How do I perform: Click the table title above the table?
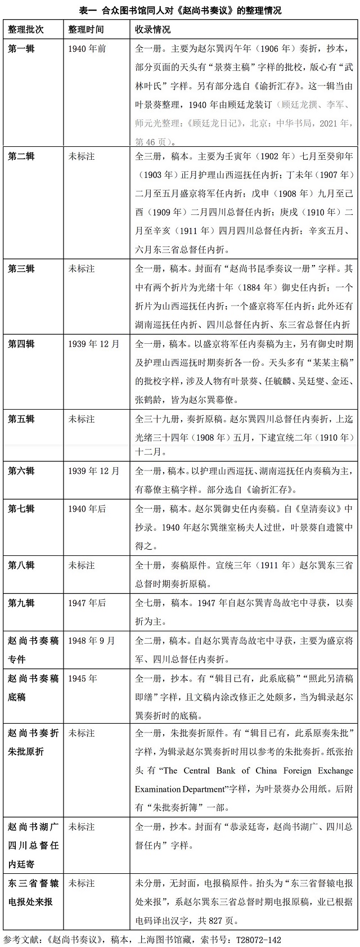[180, 10]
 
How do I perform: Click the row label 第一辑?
[21, 49]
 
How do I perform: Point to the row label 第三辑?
[21, 269]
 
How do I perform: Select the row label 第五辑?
[21, 419]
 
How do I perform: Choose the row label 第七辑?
[21, 509]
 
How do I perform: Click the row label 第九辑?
[21, 603]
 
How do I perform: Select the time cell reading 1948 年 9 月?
[92, 640]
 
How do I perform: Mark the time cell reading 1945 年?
[83, 678]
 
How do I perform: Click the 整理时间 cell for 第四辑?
[94, 344]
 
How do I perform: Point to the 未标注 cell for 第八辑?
[82, 565]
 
